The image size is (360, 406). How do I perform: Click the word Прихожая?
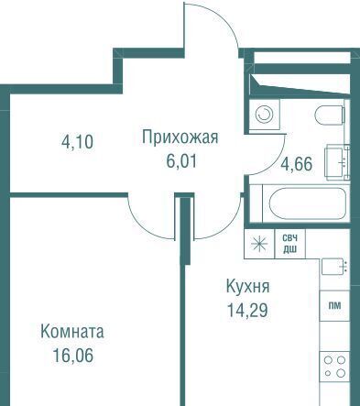(180, 137)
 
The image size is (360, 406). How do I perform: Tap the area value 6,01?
(181, 161)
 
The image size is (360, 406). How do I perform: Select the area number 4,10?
(77, 142)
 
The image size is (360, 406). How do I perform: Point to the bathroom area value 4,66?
(297, 164)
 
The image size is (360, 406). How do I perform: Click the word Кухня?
(247, 287)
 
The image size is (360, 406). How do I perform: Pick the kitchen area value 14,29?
(247, 310)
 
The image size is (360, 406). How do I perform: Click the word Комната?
(72, 332)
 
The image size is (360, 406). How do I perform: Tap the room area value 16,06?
(73, 356)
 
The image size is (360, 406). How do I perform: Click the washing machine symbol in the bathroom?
(264, 115)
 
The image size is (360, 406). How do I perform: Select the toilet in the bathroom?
(330, 115)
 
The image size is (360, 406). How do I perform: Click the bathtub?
(308, 203)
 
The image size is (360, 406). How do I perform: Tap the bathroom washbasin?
(337, 162)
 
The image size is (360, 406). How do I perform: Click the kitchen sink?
(335, 266)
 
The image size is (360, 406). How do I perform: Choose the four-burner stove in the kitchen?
(334, 367)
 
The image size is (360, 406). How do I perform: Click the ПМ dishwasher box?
(334, 306)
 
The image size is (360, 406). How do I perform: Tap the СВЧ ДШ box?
(289, 244)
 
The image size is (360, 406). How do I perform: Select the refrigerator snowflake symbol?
(259, 244)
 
